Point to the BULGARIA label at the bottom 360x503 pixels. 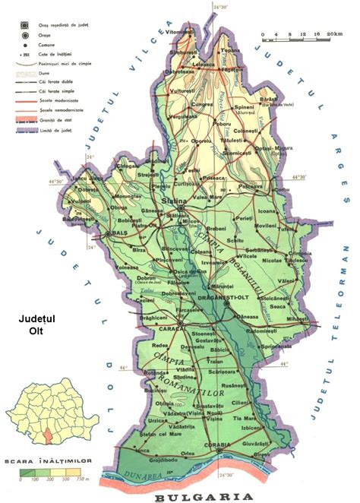(203, 495)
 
